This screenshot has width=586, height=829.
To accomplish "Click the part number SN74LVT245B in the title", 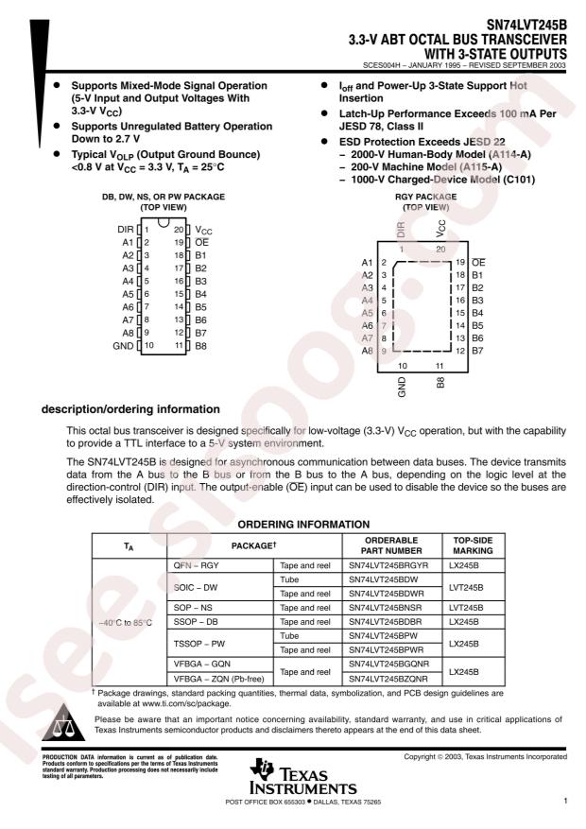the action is point(526,25).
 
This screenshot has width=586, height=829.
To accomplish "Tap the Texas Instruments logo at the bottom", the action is point(302,777).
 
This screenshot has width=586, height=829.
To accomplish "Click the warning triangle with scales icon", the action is point(63,722).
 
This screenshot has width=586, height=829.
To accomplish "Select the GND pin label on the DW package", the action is point(123,346).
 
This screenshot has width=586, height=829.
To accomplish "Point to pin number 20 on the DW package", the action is point(179,230).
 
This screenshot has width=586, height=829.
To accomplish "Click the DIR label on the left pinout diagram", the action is point(126,230).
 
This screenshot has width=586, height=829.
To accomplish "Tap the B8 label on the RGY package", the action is point(440,383).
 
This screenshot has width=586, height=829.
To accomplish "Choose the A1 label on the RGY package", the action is point(368,262).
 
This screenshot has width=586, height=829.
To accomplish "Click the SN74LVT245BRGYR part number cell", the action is point(388,565).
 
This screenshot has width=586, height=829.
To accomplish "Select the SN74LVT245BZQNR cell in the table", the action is point(388,679).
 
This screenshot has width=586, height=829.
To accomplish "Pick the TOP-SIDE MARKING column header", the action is point(473,545).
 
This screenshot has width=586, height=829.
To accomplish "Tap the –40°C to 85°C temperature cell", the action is point(125,623).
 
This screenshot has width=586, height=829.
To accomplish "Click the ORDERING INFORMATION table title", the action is point(303,525).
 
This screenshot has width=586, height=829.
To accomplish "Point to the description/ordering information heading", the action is point(130,409).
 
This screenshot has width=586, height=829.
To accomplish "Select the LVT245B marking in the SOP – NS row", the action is point(466,608).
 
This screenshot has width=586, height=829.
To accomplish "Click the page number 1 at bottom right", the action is point(565,801).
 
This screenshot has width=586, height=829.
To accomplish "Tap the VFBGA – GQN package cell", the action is point(202,664).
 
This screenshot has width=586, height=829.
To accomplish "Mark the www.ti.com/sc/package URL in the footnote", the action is point(186,703).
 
